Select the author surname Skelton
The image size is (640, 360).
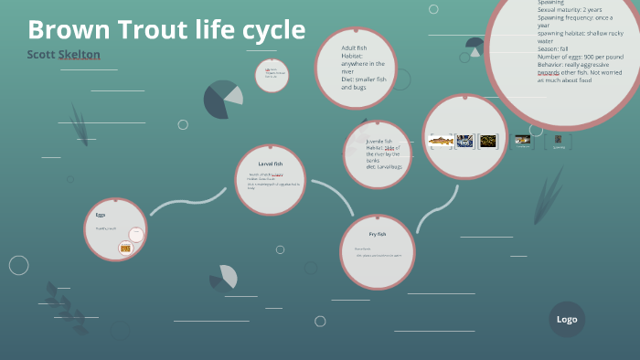[x=80, y=55]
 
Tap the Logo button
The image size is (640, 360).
[x=567, y=319]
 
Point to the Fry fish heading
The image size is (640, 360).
[x=378, y=234]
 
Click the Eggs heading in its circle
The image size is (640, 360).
[x=101, y=215]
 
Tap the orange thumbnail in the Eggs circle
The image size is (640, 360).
[x=126, y=248]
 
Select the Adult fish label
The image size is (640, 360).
[x=354, y=48]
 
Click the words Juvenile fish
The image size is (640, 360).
[x=379, y=141]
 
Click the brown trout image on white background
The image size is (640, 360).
[x=441, y=141]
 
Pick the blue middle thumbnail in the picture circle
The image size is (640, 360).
[x=464, y=141]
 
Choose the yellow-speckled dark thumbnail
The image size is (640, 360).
[x=488, y=141]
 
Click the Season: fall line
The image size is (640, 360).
[x=552, y=48]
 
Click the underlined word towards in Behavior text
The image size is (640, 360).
[x=549, y=72]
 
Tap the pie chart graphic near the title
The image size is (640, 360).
[x=222, y=99]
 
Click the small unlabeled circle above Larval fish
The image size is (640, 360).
[x=272, y=75]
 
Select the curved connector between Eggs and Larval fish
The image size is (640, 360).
[x=187, y=202]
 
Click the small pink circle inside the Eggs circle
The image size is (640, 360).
[x=136, y=234]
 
